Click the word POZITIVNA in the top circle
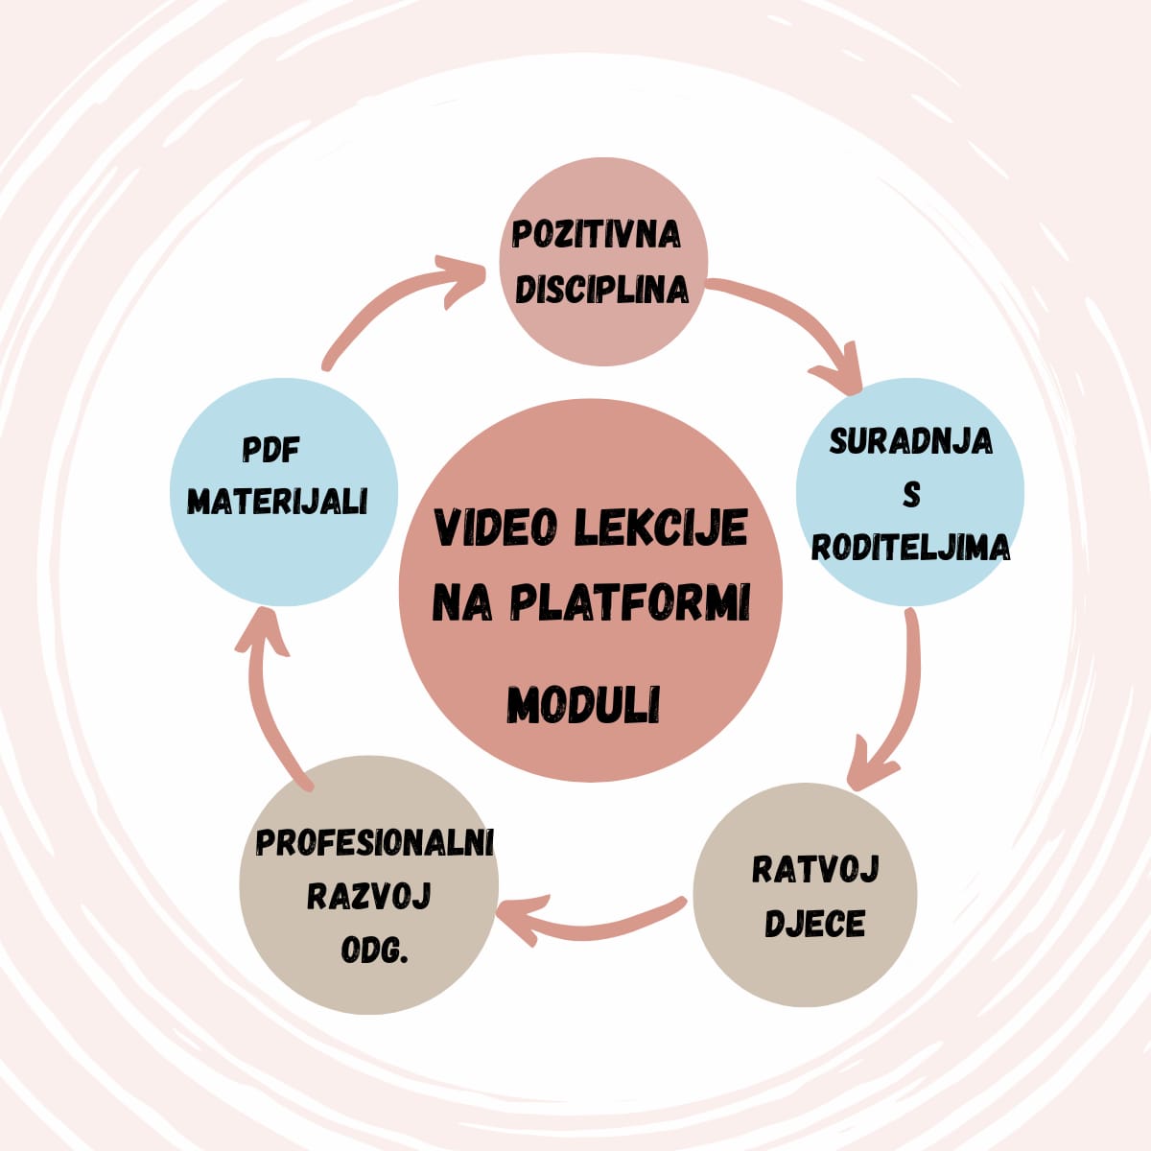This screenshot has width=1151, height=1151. click(x=597, y=234)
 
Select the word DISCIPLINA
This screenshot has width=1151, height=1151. click(x=601, y=290)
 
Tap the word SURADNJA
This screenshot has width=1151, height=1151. click(x=910, y=441)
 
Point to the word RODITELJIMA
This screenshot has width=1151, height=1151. click(x=910, y=547)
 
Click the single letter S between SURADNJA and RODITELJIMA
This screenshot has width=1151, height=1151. click(x=911, y=495)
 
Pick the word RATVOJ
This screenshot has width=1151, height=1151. click(x=815, y=870)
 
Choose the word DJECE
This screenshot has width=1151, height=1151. click(x=814, y=925)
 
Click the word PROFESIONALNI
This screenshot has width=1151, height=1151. click(x=374, y=842)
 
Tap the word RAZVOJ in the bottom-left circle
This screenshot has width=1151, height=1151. click(x=369, y=896)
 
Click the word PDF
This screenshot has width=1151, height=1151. click(x=271, y=450)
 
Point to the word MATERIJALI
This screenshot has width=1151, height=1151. click(x=278, y=501)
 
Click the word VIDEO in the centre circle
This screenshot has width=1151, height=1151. click(x=497, y=529)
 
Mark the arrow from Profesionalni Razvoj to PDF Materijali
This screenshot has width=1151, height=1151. click(x=269, y=700)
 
